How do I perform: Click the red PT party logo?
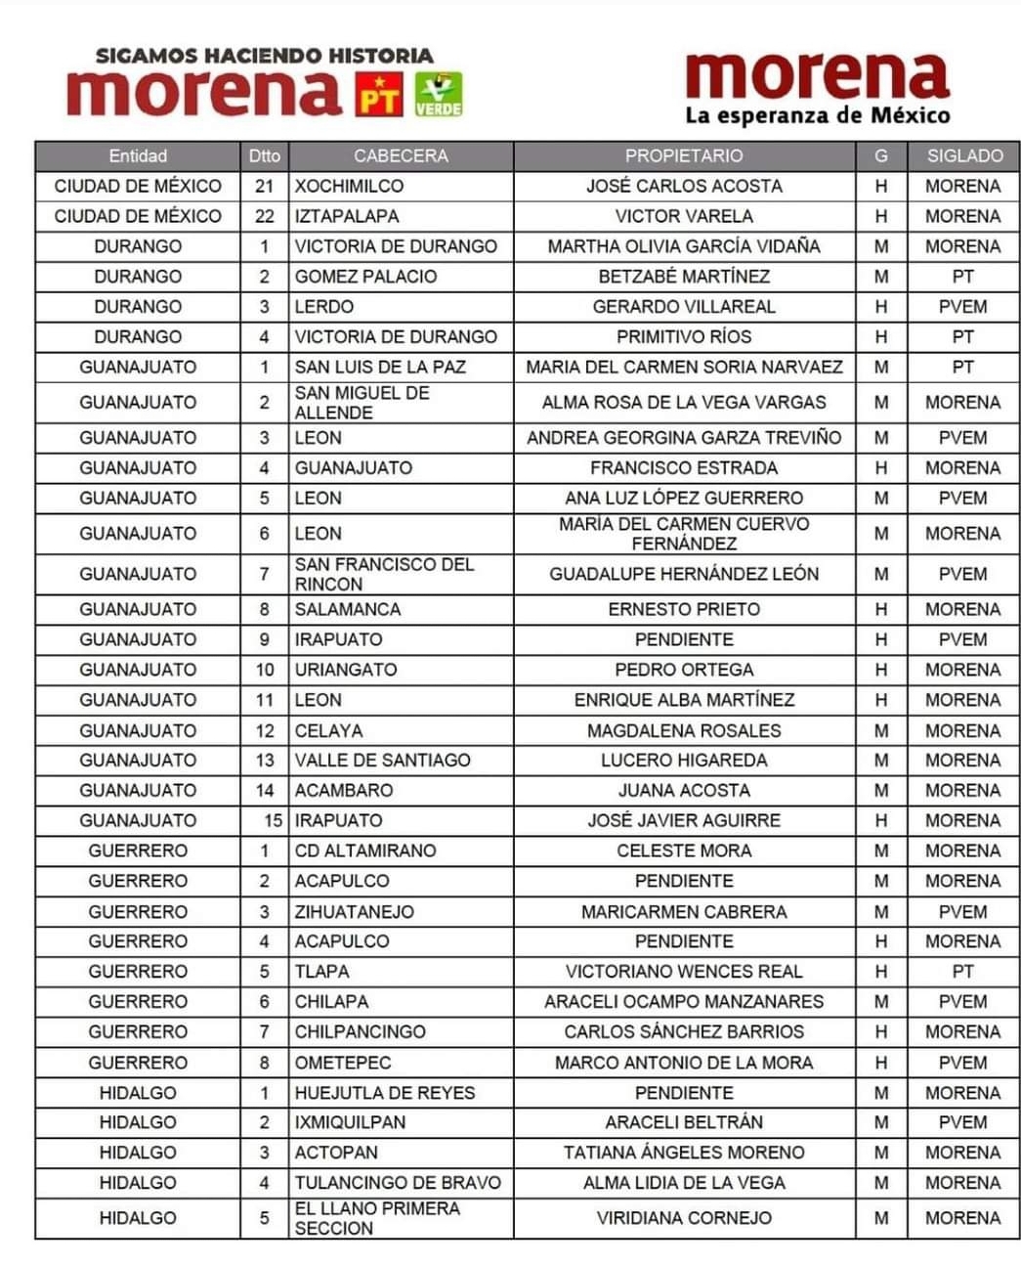[x=379, y=95]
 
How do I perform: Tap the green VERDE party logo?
[x=439, y=95]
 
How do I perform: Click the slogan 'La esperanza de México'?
[x=817, y=116]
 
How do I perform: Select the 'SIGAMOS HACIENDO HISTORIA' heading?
[x=264, y=56]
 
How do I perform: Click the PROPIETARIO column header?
[x=684, y=156]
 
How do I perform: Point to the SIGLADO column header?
[x=963, y=156]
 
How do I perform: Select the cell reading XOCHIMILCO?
[x=349, y=186]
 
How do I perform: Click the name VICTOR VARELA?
[x=684, y=216]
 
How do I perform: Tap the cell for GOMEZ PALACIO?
[x=365, y=277]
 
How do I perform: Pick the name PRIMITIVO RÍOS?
[x=684, y=337]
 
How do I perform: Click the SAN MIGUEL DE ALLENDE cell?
[x=362, y=403]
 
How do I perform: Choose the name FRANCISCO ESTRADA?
[x=684, y=468]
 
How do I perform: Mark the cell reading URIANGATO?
[x=346, y=670]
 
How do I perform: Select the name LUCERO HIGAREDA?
[x=684, y=761]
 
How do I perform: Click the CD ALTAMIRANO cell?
[x=365, y=851]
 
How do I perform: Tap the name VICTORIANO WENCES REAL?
[x=684, y=972]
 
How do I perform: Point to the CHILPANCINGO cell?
[x=360, y=1032]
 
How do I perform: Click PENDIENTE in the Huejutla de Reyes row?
[x=684, y=1093]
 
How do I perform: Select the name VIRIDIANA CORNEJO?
[x=684, y=1218]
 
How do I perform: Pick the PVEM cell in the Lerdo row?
[x=963, y=307]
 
